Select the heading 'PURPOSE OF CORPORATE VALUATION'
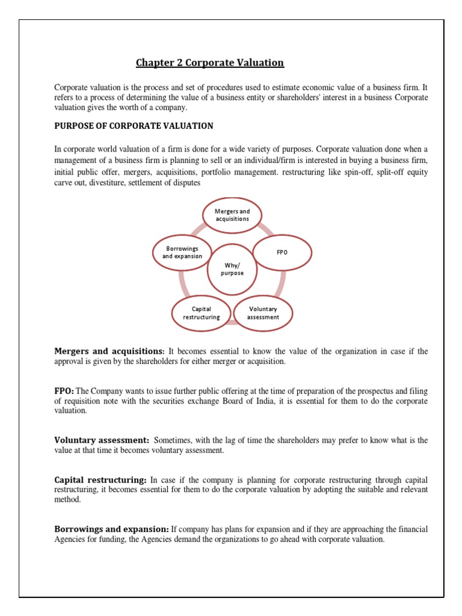click(134, 126)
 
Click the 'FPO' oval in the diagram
click(282, 252)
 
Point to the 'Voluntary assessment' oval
click(263, 313)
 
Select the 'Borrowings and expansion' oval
click(182, 252)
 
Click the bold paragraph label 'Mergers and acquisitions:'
click(109, 351)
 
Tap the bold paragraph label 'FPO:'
click(64, 390)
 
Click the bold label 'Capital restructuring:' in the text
click(100, 480)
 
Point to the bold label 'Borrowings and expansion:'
click(112, 529)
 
